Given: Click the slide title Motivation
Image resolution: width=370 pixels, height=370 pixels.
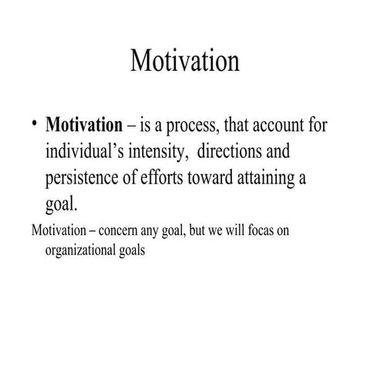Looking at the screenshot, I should pos(185,60).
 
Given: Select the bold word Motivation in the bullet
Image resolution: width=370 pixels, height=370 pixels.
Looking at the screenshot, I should pos(84,125).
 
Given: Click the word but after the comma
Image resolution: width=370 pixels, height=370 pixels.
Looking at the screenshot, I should pos(189,230).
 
